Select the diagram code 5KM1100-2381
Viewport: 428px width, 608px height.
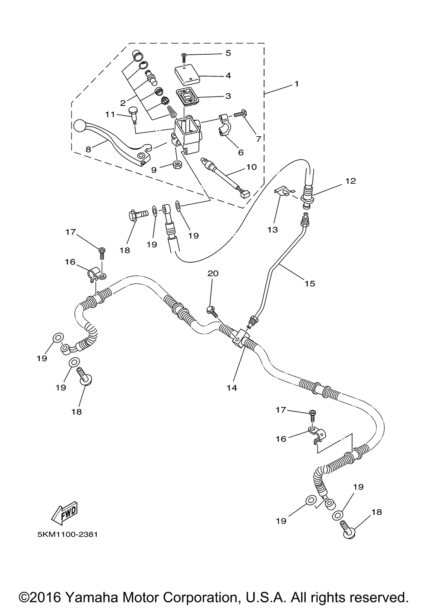pos(68,541)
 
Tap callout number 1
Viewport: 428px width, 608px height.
pos(297,84)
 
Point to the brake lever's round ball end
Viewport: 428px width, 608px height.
pos(80,126)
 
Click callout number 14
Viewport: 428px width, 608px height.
pos(232,388)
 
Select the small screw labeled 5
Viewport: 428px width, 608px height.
pos(184,58)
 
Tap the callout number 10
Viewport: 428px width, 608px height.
pos(252,167)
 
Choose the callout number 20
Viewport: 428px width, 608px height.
pos(213,273)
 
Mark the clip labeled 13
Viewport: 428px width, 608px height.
pos(282,191)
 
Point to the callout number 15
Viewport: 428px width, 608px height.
pos(309,284)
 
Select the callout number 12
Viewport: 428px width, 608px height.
pos(351,181)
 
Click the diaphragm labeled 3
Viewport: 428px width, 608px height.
pos(187,97)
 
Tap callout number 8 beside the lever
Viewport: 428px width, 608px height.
pos(88,150)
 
